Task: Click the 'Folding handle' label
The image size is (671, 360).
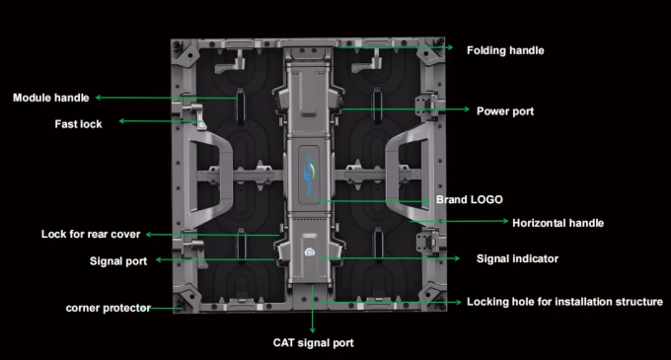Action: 505,50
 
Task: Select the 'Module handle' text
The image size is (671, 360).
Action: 51,98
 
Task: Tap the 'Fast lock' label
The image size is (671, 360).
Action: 78,124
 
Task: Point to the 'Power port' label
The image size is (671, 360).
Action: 505,111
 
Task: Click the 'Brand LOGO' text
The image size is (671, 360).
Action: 470,199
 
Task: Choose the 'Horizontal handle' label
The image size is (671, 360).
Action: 559,223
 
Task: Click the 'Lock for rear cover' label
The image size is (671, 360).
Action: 91,235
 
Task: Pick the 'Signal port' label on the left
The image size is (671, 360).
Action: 118,261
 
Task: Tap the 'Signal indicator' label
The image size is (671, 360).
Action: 517,258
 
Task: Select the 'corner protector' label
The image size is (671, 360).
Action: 109,309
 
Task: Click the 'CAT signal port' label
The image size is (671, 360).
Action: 313,343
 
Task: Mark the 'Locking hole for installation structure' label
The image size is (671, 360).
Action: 564,302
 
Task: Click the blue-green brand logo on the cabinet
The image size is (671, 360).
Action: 310,176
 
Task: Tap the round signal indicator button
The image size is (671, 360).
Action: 310,252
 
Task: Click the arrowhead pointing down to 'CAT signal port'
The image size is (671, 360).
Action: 313,329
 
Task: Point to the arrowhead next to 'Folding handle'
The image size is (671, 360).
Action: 450,47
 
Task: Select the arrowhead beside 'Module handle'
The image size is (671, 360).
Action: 99,98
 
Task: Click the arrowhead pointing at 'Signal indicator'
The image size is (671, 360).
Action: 457,258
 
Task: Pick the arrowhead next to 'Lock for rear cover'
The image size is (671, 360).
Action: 149,235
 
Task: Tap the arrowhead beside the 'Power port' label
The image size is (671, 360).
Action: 467,109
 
